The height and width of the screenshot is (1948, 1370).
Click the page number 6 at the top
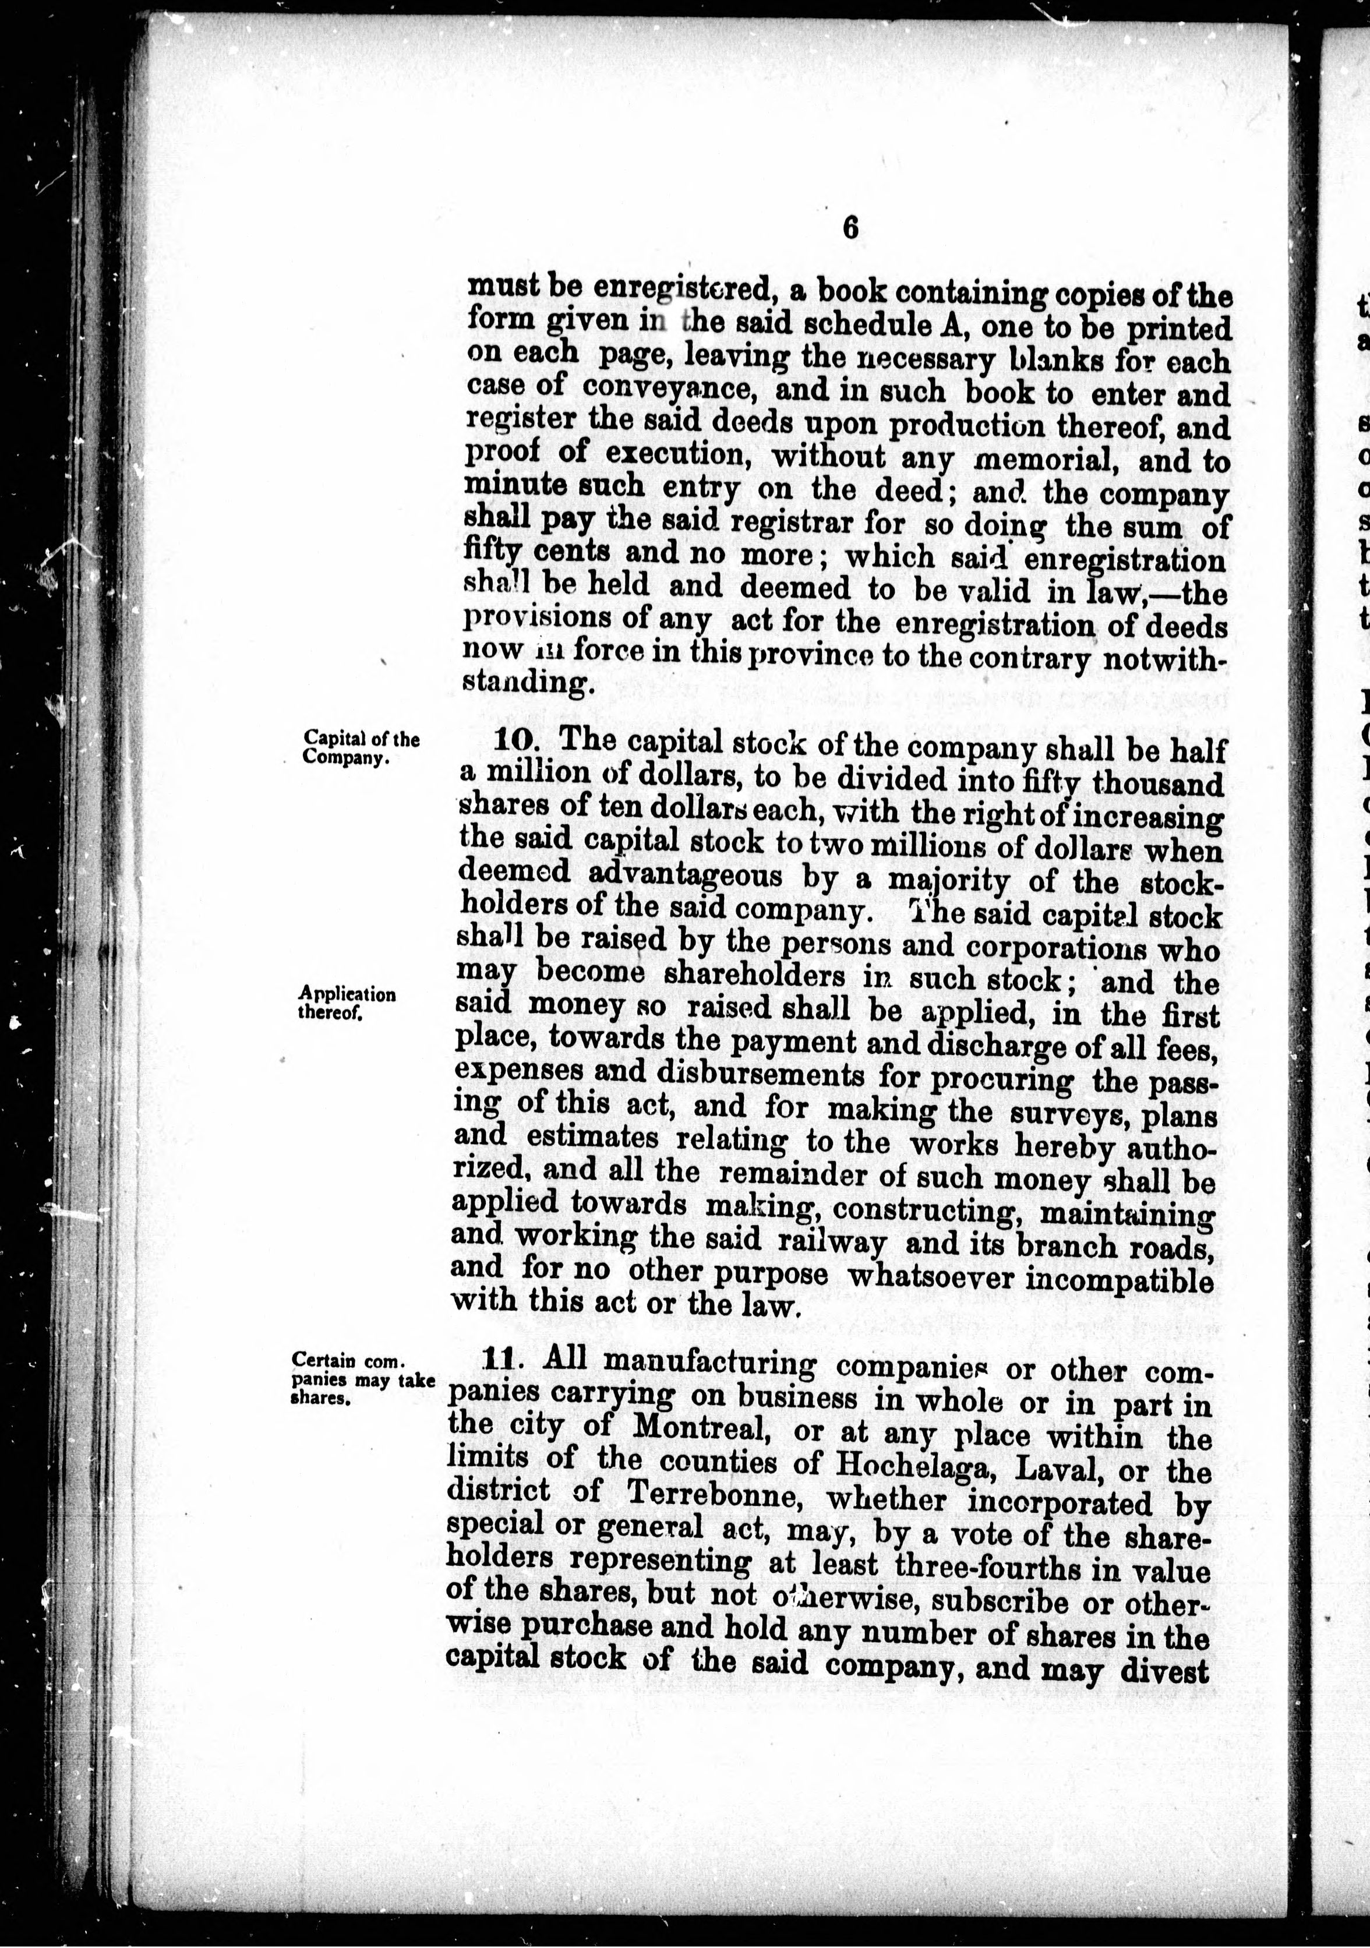pos(850,229)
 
